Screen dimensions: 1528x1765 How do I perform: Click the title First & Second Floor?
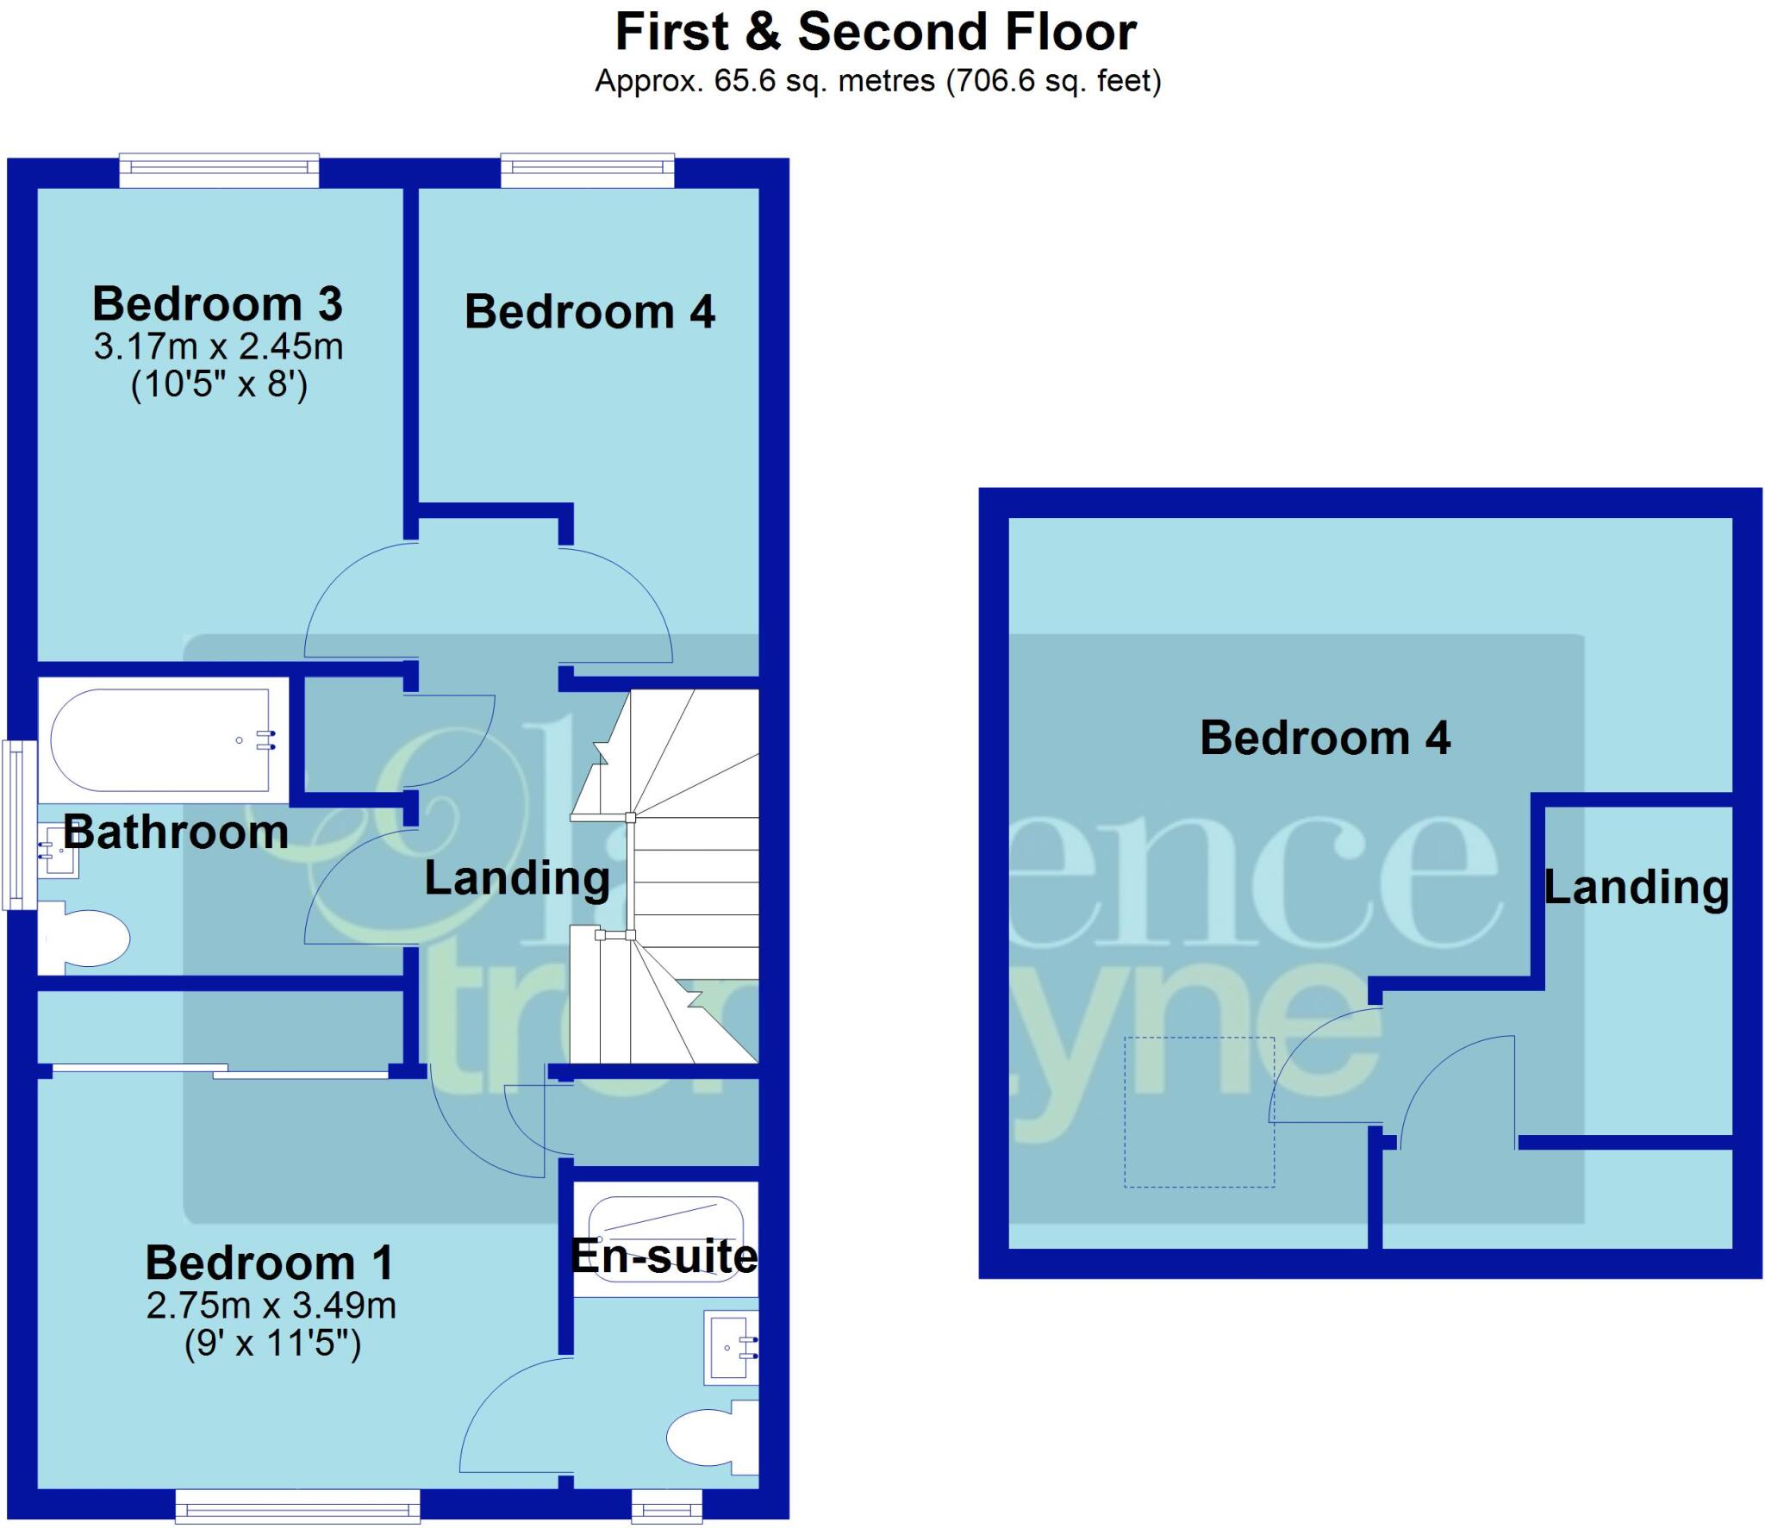coord(876,33)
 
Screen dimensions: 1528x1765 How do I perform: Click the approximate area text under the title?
coord(877,81)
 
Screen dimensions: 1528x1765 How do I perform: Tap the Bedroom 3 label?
coord(217,304)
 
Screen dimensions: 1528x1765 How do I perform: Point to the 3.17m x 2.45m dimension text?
coord(218,347)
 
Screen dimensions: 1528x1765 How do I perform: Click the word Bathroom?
coord(176,833)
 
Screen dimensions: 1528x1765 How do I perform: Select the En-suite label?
coord(664,1257)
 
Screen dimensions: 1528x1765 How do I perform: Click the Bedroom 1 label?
coord(270,1263)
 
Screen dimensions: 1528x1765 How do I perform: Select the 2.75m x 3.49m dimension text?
coord(271,1306)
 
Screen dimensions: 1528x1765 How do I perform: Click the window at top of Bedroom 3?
coord(219,171)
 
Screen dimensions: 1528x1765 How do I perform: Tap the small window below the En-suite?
coord(666,1507)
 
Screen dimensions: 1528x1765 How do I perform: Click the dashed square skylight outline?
coord(1199,1112)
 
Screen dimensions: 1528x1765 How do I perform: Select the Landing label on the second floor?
coord(1636,888)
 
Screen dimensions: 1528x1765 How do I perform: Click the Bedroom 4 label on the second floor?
coord(1325,739)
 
